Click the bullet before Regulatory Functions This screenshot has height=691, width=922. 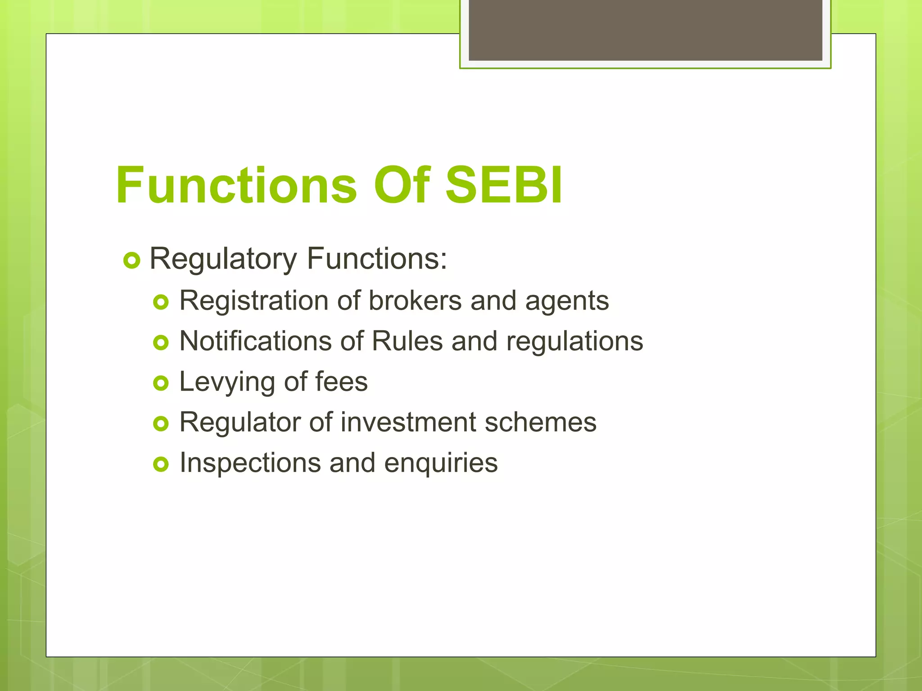132,260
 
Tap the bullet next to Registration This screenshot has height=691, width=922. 161,302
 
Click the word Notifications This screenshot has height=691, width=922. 255,341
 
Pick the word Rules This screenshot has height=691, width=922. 407,341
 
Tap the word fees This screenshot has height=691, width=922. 341,381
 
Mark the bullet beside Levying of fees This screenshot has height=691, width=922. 161,383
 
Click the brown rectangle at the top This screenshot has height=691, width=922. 645,30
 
